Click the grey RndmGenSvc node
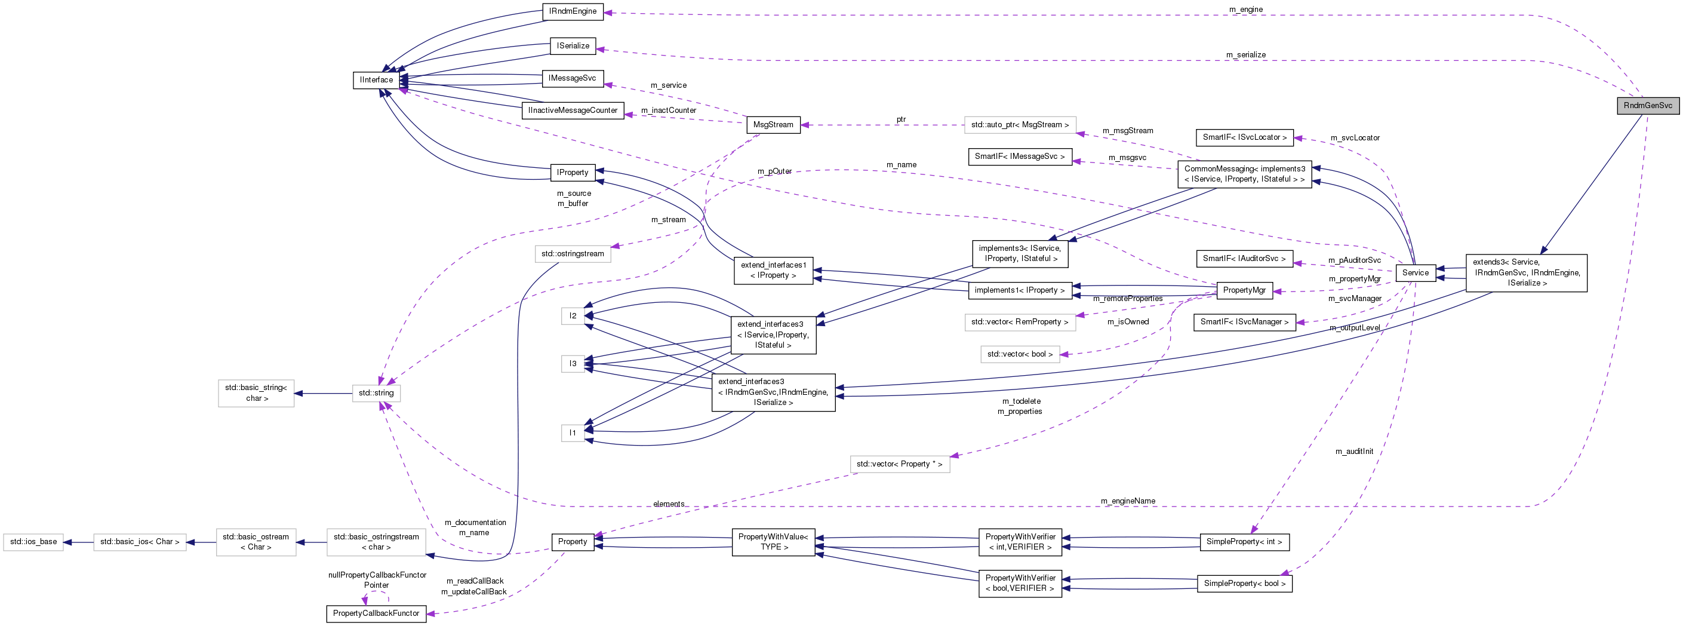(1647, 105)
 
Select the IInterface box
(376, 79)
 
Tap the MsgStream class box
(773, 125)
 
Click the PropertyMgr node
(1244, 290)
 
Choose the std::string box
(376, 392)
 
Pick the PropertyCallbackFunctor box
(376, 613)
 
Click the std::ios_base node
(33, 542)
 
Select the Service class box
(1414, 272)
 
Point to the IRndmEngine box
(573, 11)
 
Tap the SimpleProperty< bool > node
(1244, 584)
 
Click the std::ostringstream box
(573, 253)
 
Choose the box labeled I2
(573, 315)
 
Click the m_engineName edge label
(1128, 501)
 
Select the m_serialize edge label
(1245, 55)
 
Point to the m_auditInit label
(1353, 452)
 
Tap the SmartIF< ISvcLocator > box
(1244, 137)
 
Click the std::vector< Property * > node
(899, 464)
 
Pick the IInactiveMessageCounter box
(573, 111)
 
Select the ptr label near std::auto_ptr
(901, 119)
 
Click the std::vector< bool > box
(1019, 354)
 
